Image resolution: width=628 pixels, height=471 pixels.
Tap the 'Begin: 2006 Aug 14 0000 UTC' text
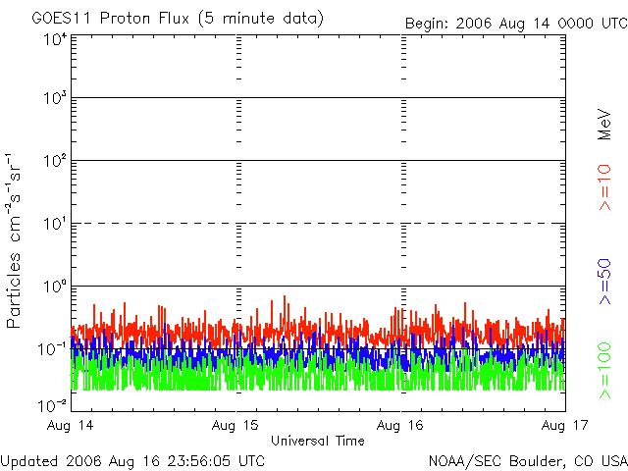click(516, 24)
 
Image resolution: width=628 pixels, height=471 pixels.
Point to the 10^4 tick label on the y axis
click(54, 40)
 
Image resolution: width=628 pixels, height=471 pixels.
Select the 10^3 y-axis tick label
click(54, 99)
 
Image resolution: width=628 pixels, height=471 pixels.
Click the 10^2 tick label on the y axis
click(54, 162)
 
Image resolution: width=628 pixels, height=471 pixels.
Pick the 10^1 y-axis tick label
click(54, 225)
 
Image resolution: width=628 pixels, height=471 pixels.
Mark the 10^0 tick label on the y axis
click(54, 288)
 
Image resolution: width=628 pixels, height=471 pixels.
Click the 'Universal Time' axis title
click(317, 441)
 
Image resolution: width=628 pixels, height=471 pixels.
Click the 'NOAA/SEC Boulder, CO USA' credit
click(527, 460)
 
